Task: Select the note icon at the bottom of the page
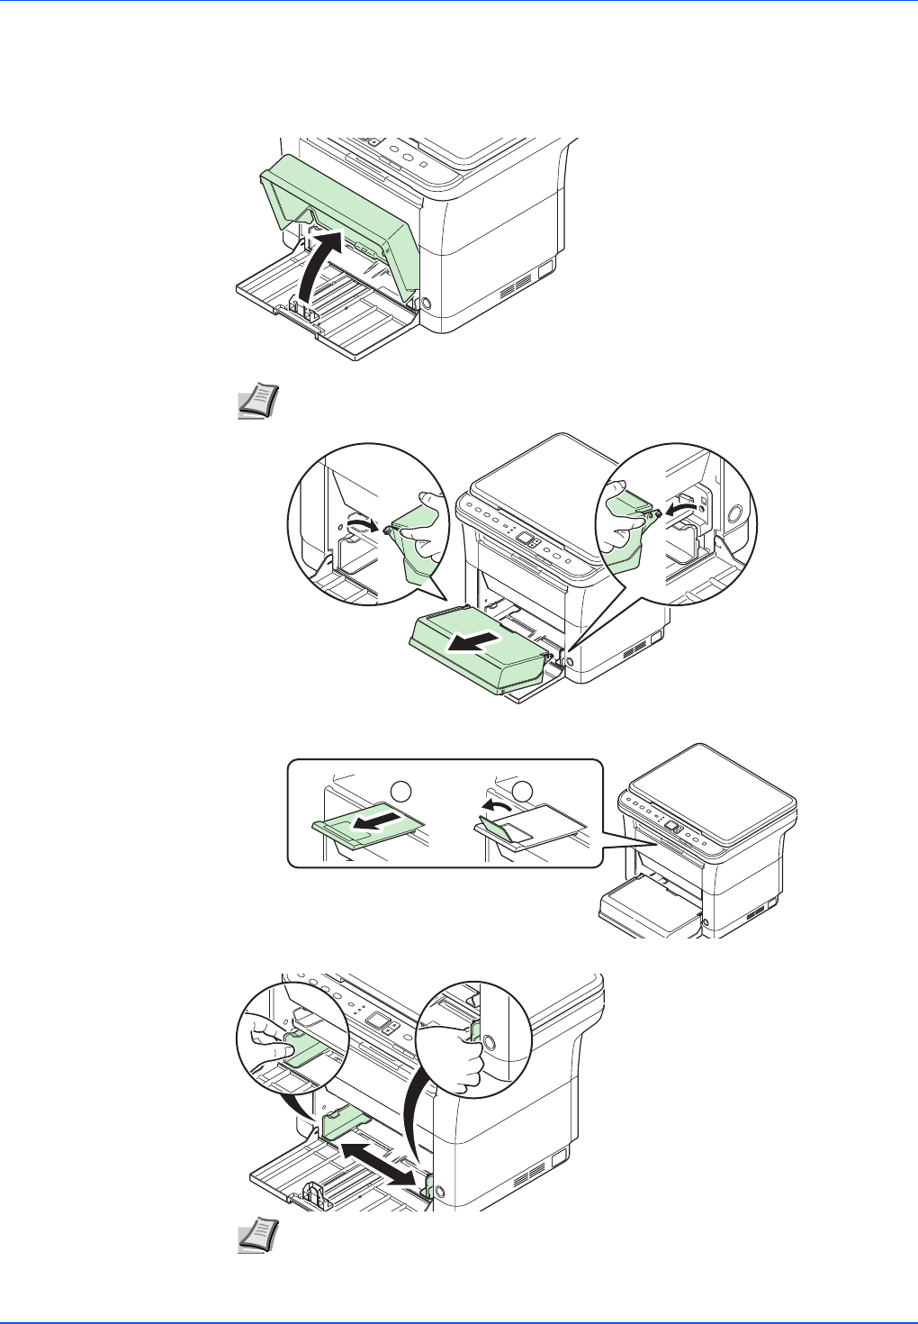(x=257, y=1237)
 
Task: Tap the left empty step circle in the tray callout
(x=400, y=791)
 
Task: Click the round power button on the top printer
(x=427, y=305)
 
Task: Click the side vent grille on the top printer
(x=514, y=287)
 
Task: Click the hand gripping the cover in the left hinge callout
(x=423, y=531)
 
